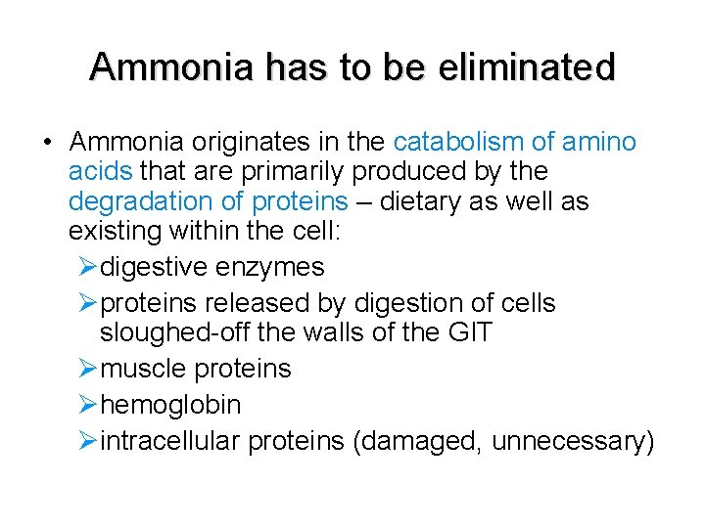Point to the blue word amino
[600, 143]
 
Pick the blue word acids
[101, 172]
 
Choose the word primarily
[286, 172]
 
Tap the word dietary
[415, 202]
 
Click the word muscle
[144, 370]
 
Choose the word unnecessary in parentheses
[573, 441]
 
